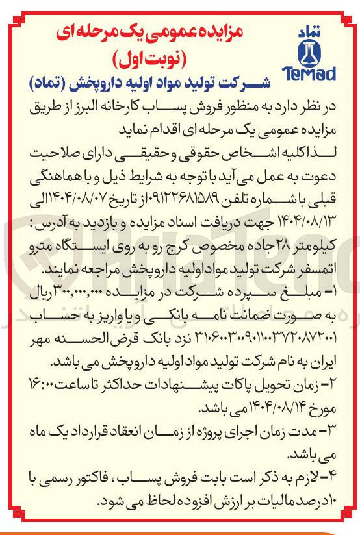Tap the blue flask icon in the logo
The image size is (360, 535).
point(309,51)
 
